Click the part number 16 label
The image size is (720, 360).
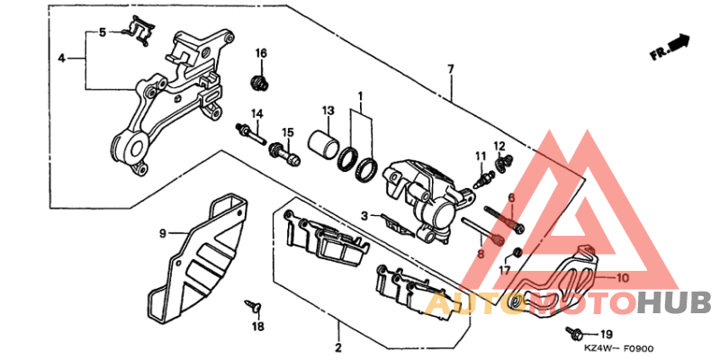pos(261,53)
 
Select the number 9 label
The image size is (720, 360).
pos(164,233)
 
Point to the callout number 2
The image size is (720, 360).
pos(337,347)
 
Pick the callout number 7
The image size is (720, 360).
pos(448,69)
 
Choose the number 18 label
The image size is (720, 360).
pos(258,326)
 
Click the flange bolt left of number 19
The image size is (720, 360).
pos(573,334)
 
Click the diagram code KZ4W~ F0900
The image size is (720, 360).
pos(617,347)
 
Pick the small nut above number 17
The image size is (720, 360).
pos(518,250)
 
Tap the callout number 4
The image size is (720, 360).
pos(61,58)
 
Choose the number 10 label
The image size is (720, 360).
pos(623,278)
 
